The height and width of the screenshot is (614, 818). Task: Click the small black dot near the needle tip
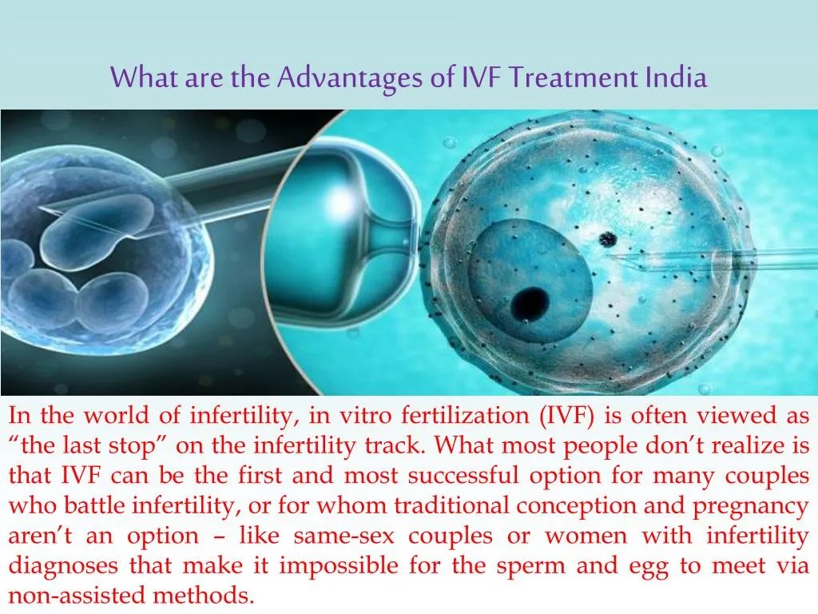click(608, 238)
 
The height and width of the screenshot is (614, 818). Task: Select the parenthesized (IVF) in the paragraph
click(566, 416)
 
